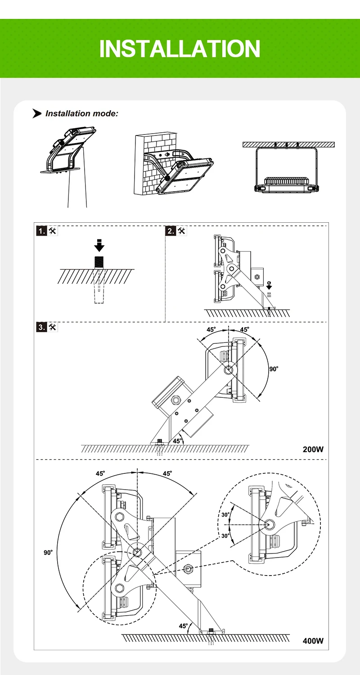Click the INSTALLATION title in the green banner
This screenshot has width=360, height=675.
click(x=180, y=49)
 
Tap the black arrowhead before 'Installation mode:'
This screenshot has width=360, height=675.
click(x=37, y=113)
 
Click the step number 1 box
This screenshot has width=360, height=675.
click(x=41, y=231)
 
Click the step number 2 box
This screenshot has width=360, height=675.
click(x=171, y=231)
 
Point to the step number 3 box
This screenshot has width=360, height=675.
click(x=41, y=328)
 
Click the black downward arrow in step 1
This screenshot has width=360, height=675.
click(x=99, y=246)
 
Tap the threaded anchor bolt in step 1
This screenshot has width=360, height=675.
click(x=99, y=261)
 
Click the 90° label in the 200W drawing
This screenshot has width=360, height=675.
click(x=274, y=369)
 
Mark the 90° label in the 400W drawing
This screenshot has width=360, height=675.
click(x=48, y=553)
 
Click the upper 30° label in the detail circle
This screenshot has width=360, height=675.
click(x=225, y=515)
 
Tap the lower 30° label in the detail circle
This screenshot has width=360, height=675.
click(x=225, y=535)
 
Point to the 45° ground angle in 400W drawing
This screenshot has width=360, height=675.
click(x=183, y=626)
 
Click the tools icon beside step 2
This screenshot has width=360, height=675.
click(x=182, y=231)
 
